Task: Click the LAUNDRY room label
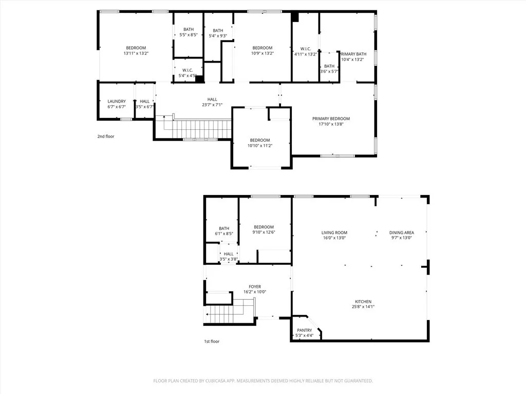(117, 102)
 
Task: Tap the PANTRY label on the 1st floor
(305, 330)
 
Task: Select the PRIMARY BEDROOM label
(331, 119)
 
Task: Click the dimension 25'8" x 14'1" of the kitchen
(362, 307)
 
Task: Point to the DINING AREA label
(401, 232)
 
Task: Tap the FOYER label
(255, 287)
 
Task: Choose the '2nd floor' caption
(106, 136)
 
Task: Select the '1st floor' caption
(211, 341)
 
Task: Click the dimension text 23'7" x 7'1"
(212, 105)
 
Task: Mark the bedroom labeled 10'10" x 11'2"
(260, 143)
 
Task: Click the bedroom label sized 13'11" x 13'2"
(136, 50)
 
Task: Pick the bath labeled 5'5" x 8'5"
(188, 32)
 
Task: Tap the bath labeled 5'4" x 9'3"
(218, 33)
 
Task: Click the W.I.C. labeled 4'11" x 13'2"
(306, 51)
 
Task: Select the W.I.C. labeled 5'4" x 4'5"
(187, 73)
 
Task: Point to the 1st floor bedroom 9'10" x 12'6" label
(264, 230)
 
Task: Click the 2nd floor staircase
(198, 128)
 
